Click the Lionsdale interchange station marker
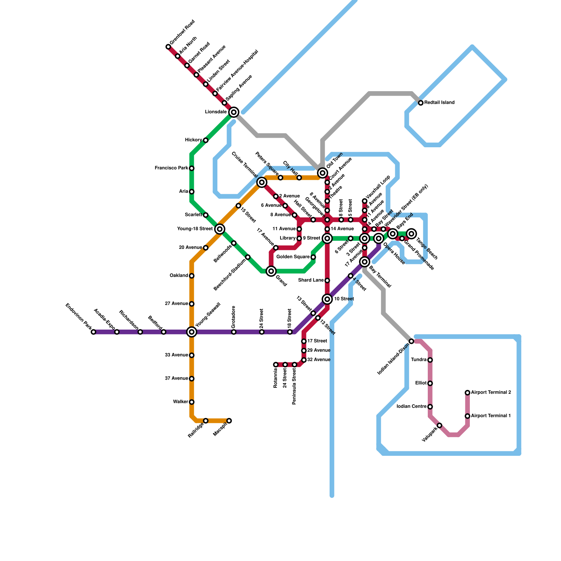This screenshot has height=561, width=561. point(234,112)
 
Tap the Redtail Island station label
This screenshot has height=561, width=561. point(439,103)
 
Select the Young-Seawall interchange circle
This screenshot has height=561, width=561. point(191,332)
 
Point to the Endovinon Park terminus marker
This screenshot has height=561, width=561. point(93,332)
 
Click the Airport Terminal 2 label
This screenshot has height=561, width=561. point(491,392)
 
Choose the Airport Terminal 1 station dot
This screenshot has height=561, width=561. point(467,416)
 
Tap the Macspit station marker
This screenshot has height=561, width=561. point(229,420)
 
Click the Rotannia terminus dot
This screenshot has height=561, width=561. point(276,365)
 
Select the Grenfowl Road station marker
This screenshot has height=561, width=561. point(168,47)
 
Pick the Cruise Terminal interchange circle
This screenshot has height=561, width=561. point(262,182)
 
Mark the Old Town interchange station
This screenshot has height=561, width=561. point(323,173)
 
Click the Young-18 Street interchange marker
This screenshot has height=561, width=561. point(220,229)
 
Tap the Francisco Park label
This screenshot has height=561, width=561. point(171,168)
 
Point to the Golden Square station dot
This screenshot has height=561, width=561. point(313,257)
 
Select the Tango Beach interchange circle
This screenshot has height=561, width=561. point(412,234)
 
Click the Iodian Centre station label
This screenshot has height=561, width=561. point(411,407)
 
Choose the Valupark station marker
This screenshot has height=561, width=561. point(439,425)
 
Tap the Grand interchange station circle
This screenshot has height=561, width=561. point(271,271)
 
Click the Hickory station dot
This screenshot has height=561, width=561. point(206,140)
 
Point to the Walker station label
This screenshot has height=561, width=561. point(180,402)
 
